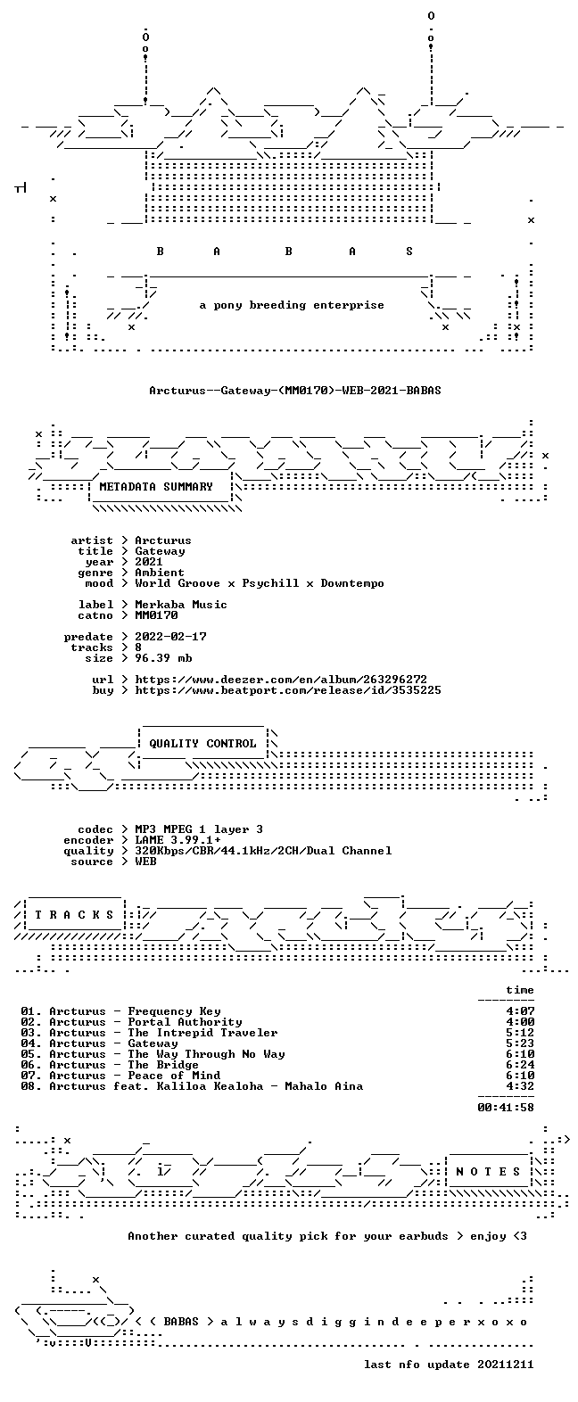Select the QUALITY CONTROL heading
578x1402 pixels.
pos(202,744)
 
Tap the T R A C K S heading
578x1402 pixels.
pos(74,915)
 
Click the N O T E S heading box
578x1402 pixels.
pos(489,1172)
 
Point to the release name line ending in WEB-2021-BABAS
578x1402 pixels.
pos(295,391)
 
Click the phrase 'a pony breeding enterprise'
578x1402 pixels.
pos(292,305)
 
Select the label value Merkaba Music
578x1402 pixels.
pos(181,605)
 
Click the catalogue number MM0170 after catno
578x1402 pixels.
pos(157,615)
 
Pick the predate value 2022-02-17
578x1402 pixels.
pos(171,637)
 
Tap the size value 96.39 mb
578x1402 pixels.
pos(163,658)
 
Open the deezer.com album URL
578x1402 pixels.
pos(281,679)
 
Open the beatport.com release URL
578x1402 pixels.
pos(288,690)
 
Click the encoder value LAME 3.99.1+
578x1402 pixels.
pos(178,840)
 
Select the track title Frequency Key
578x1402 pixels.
pos(174,1011)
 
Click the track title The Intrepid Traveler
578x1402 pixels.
pos(202,1033)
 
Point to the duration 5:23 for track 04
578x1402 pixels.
pos(520,1043)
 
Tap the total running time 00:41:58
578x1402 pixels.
pos(506,1108)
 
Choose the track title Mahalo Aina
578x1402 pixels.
pos(324,1086)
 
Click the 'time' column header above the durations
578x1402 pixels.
pos(520,990)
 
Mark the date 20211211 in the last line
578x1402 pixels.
pos(506,1365)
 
